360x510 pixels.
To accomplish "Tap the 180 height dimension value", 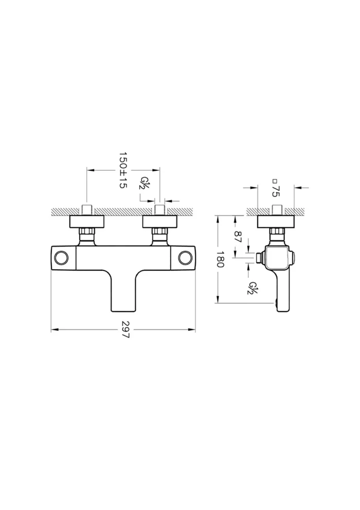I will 220,259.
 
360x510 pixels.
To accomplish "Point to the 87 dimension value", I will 238,236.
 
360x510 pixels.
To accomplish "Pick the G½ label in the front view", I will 145,183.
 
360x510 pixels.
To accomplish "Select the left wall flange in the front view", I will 87,221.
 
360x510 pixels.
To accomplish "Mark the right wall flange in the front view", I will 160,221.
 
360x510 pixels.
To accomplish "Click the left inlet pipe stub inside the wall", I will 87,210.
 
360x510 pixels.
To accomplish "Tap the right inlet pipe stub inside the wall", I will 160,210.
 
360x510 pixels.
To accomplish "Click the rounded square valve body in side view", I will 276,257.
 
